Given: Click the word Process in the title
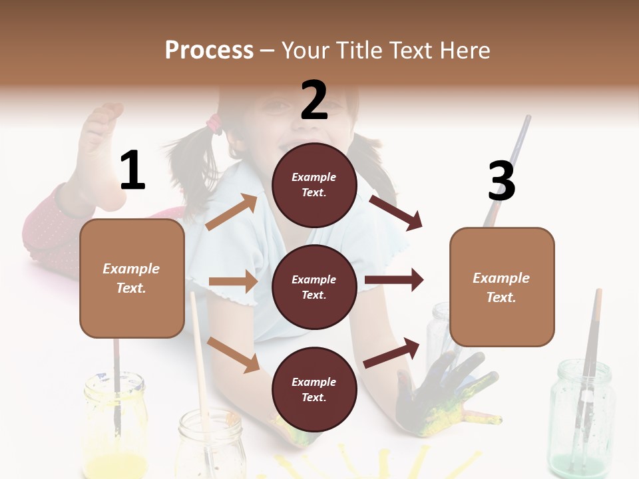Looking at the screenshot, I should point(209,50).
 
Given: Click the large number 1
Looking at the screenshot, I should point(132,170).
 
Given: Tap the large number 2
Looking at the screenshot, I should point(314,100).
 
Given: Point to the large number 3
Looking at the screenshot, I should point(501,181).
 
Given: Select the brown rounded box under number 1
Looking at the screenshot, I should point(132,278).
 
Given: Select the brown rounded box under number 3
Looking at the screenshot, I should point(502,287).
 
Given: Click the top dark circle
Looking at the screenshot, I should point(314,184).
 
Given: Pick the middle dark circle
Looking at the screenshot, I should point(314,287).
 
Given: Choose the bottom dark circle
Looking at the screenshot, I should point(314,389).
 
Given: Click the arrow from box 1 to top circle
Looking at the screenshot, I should point(232,212).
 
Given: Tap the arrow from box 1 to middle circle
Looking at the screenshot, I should point(233,281).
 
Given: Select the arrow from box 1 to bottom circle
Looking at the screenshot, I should point(234,354).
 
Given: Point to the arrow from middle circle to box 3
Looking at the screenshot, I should point(394,280).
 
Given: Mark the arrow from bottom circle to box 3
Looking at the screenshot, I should point(392,353).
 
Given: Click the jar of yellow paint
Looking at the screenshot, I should point(115,426).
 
